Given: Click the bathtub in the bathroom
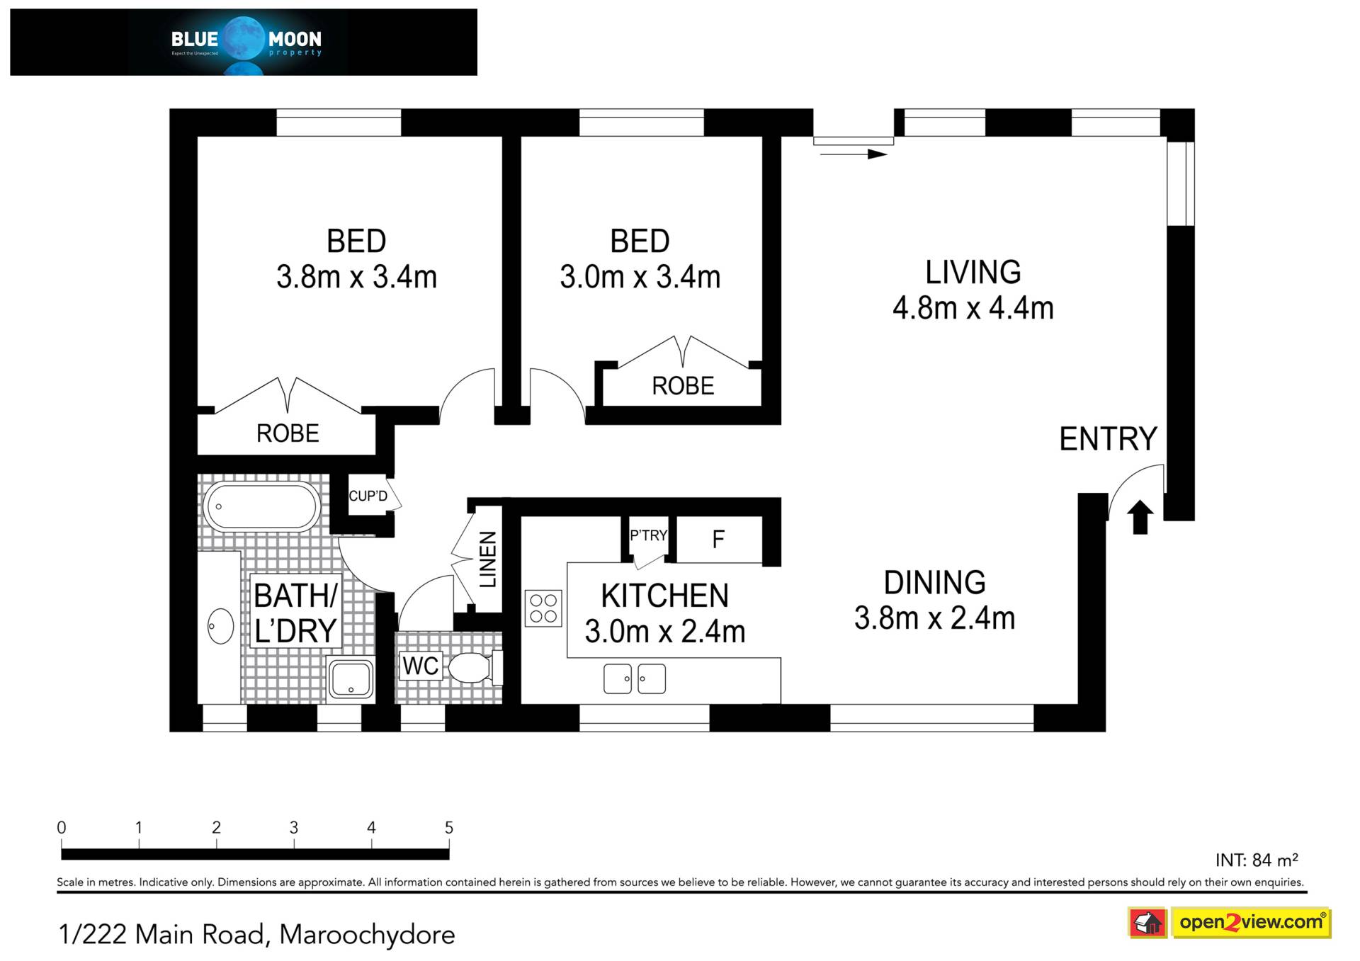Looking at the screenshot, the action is point(262,506).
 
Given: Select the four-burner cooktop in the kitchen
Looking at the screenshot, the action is point(543,608).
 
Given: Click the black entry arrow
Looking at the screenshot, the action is point(1140,517).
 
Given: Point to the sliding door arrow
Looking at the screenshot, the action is point(854,154).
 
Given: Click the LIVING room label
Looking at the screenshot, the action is point(973,272).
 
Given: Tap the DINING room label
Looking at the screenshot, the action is point(934,583).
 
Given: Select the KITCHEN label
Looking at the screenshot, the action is point(664,596).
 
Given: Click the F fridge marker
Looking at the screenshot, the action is point(718,540).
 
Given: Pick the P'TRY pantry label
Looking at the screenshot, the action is point(649,535).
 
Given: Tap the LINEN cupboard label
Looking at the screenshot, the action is point(488,559).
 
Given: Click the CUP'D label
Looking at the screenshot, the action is point(368,496).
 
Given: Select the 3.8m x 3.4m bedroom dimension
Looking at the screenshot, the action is point(356,277).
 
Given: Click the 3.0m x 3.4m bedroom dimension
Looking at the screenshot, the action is point(640,277).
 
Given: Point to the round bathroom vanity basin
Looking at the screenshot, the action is point(220,626).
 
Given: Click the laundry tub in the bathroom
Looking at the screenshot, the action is point(350,678).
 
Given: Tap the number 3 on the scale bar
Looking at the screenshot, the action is point(294,827).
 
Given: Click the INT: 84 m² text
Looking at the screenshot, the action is point(1257,860).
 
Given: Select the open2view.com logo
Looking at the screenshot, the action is point(1252,923).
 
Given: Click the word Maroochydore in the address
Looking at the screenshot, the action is point(367,935).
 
